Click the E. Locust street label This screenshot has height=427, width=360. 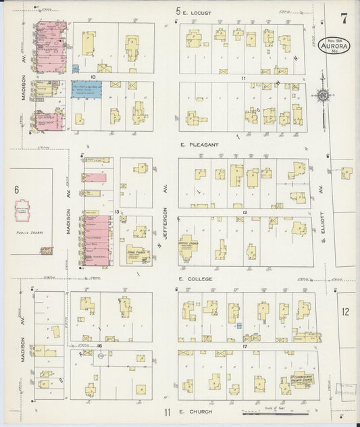click(x=199, y=11)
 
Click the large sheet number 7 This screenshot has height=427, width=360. click(x=344, y=16)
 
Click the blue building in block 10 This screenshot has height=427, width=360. click(x=86, y=89)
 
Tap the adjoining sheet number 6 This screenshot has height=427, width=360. click(x=17, y=190)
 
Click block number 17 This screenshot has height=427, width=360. click(x=245, y=346)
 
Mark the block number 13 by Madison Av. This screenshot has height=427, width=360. click(x=117, y=212)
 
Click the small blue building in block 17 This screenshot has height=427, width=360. click(x=239, y=326)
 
